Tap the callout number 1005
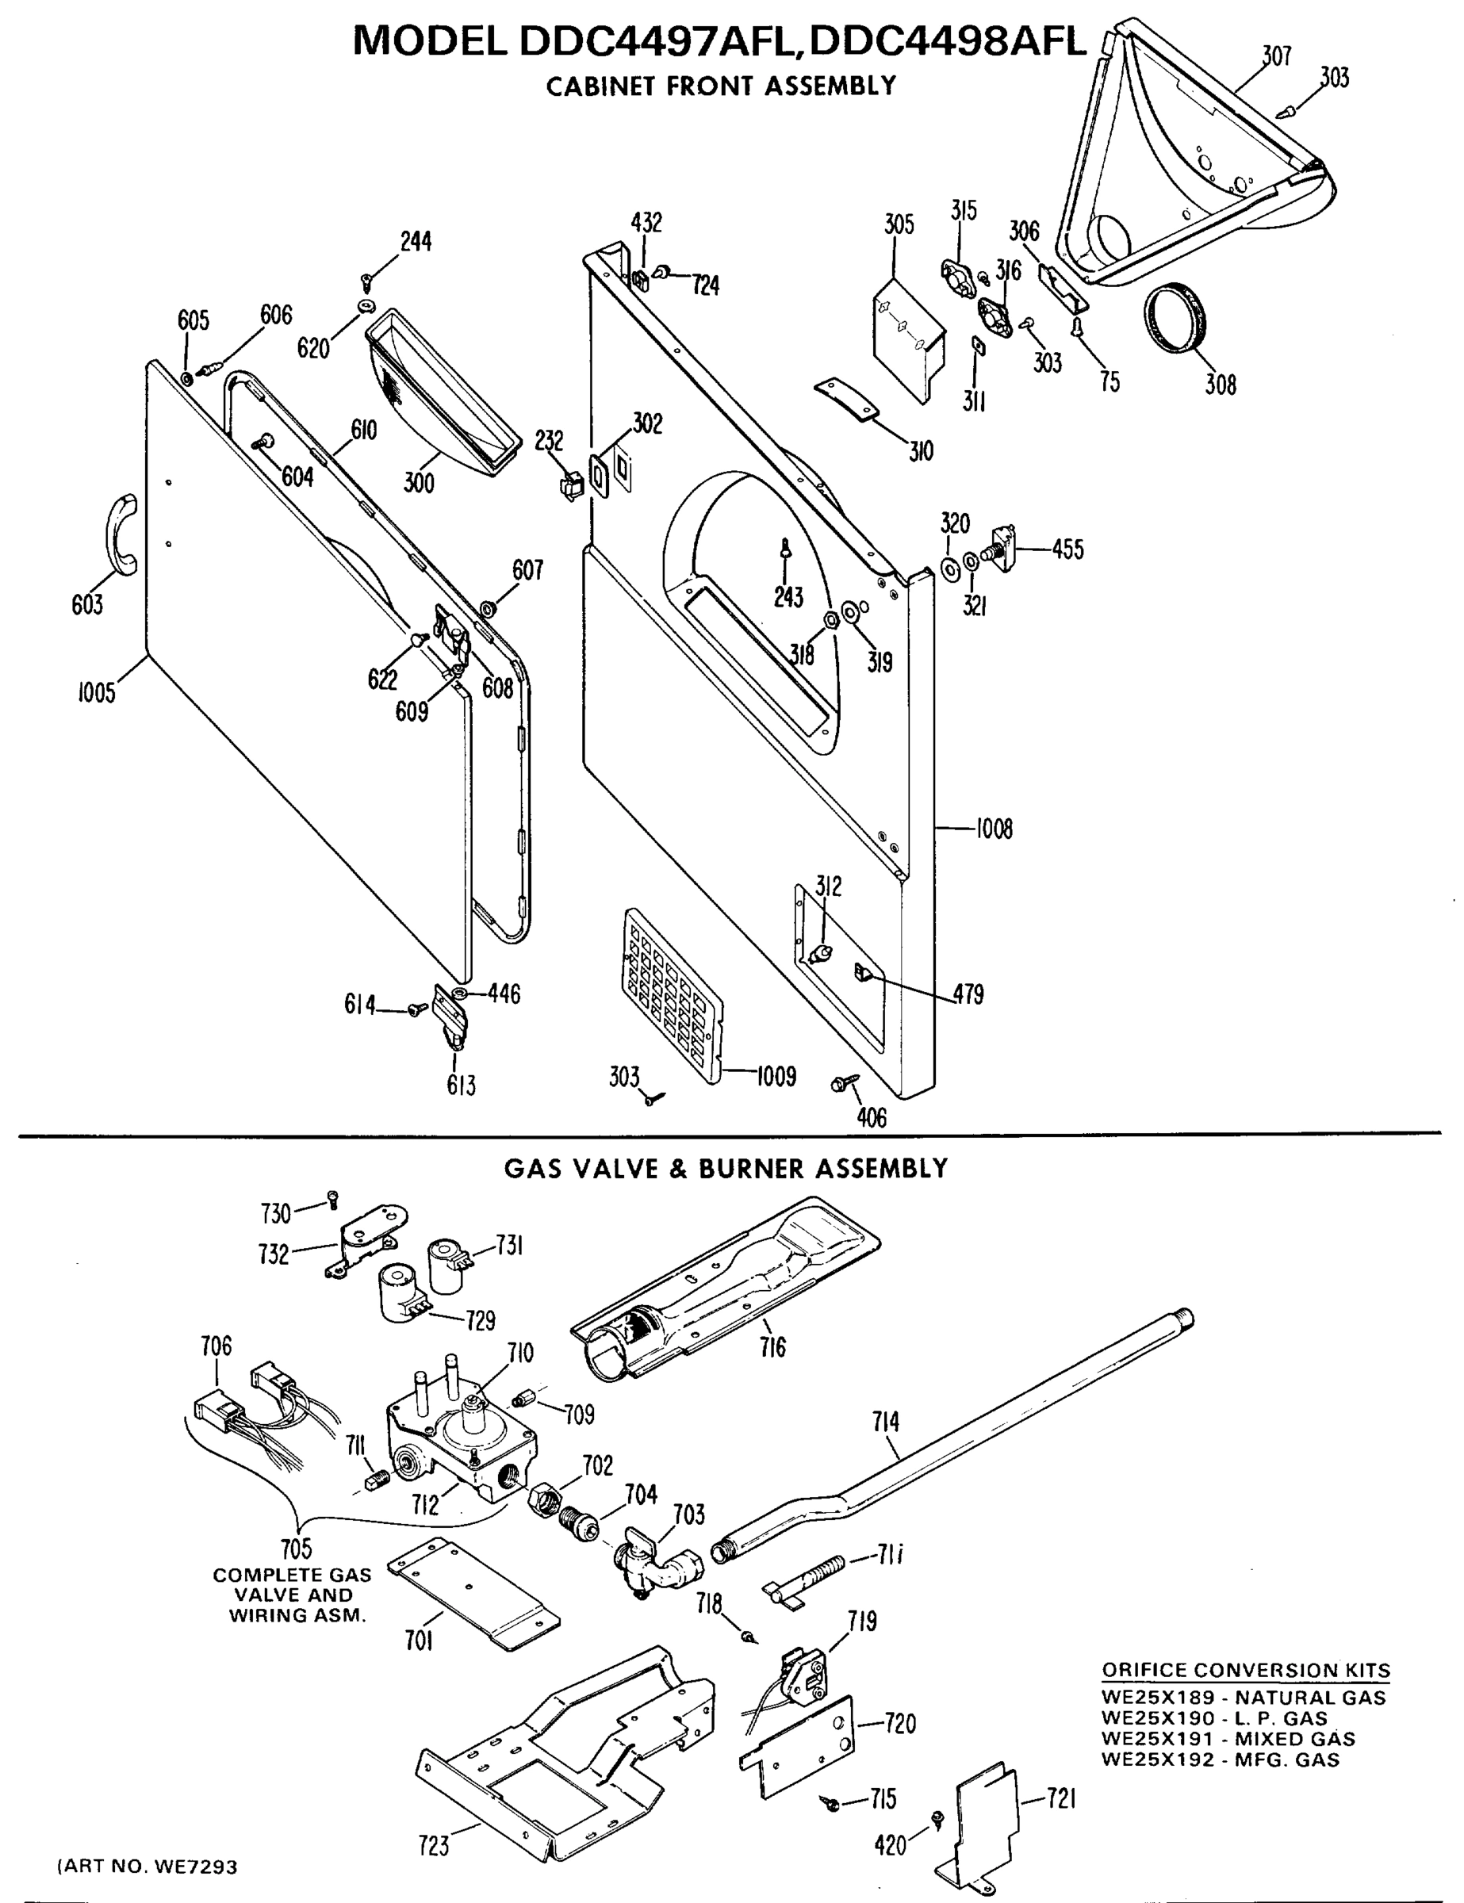(96, 693)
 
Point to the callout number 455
(1067, 549)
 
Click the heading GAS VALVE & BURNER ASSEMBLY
(725, 1169)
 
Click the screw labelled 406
(845, 1083)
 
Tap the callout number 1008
(994, 829)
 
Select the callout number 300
(418, 482)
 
